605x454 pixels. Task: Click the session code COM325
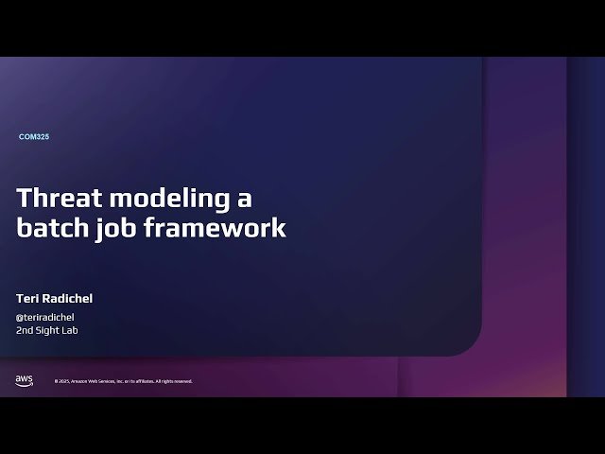tap(34, 137)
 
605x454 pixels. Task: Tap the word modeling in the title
tap(170, 201)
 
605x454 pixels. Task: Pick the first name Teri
tap(27, 299)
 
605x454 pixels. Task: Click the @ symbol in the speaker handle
tap(20, 317)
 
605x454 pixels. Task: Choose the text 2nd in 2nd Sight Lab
tap(25, 330)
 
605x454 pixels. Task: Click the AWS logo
tap(24, 380)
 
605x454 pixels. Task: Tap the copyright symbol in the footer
tap(57, 381)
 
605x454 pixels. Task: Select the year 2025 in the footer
tap(63, 381)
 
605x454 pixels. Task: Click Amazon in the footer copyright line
tap(79, 381)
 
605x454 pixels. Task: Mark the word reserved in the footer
tap(183, 381)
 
